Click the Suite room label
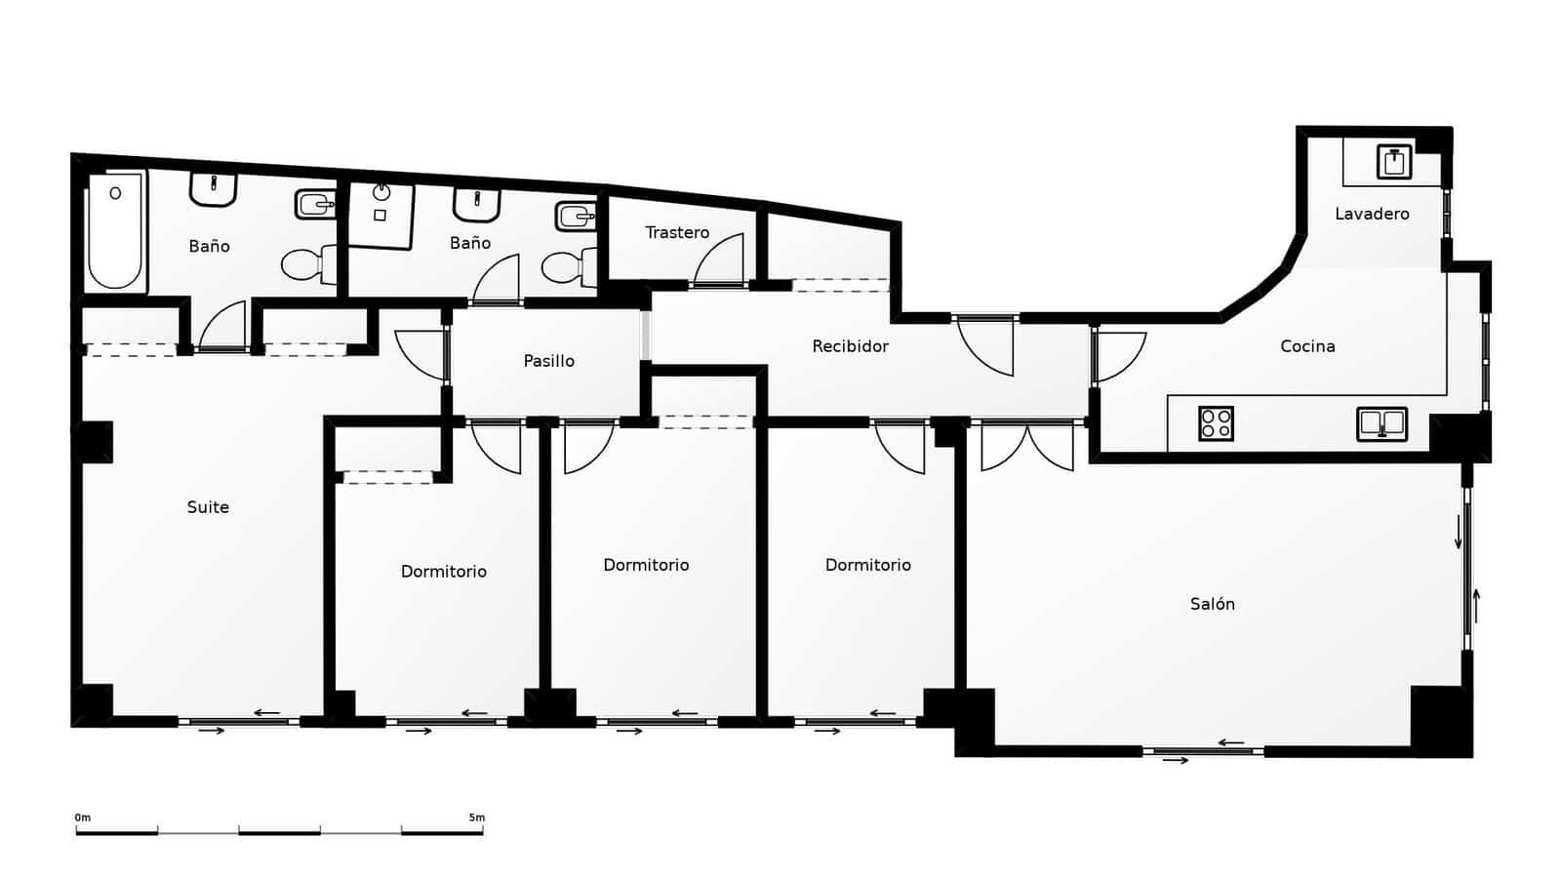point(208,507)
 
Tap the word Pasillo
point(548,361)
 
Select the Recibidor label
point(850,346)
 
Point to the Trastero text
point(677,232)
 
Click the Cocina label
point(1307,346)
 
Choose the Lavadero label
point(1372,214)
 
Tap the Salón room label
point(1213,604)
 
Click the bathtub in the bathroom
point(115,232)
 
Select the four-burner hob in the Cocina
point(1216,423)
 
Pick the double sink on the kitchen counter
point(1381,423)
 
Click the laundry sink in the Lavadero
point(1394,161)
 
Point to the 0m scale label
point(83,818)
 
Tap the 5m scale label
point(476,818)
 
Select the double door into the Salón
point(1027,446)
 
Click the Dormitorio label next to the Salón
point(867,565)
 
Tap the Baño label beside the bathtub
point(209,247)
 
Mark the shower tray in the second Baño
point(380,215)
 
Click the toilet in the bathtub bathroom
point(306,263)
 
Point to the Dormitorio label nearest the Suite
point(443,572)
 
